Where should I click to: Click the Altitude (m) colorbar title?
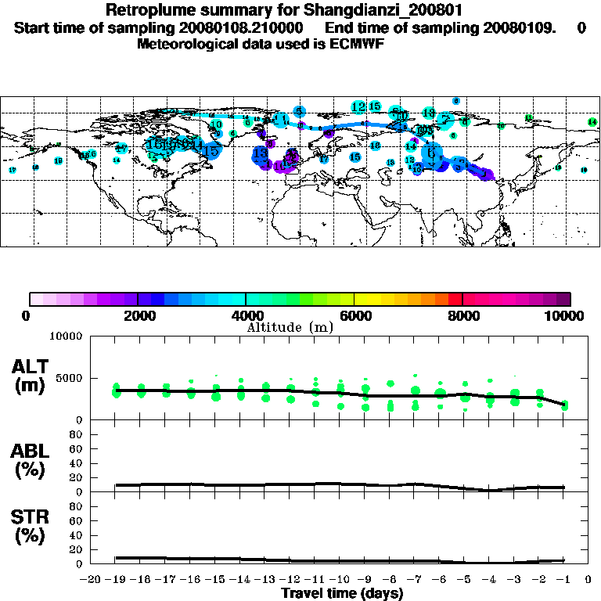pos(290,326)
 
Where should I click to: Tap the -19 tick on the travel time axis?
pos(116,581)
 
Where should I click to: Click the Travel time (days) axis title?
pos(342,594)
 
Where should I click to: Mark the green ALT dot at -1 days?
pos(564,405)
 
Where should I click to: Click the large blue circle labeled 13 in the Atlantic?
pos(261,155)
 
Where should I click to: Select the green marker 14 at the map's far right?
pos(592,122)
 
